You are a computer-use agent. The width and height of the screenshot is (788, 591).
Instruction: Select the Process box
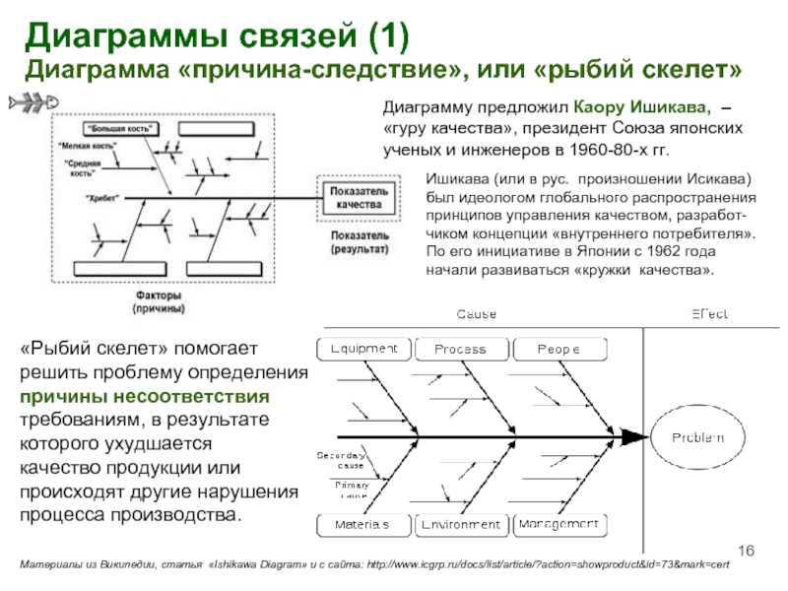point(460,349)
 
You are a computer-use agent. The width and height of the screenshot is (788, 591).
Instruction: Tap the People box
point(558,349)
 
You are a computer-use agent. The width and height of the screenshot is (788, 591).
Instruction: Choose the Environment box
point(460,524)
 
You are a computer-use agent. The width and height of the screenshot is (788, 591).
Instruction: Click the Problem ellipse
point(697,436)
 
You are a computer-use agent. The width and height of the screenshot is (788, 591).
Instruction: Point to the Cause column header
point(476,314)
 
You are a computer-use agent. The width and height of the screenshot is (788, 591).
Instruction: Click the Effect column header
point(708,314)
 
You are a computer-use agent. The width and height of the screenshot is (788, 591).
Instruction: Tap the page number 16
point(745,549)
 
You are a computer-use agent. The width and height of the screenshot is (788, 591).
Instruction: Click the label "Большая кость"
point(113,128)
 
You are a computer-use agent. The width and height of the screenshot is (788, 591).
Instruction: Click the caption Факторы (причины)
point(159,301)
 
